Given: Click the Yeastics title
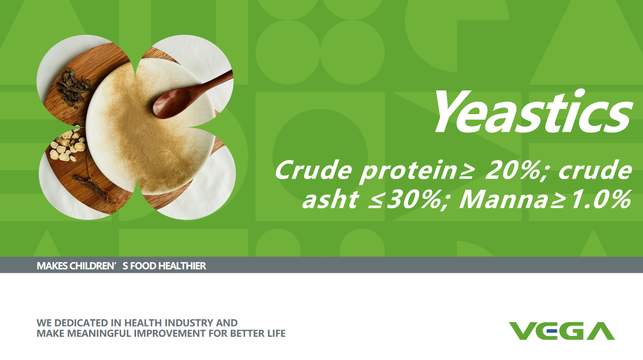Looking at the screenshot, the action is coord(533,111).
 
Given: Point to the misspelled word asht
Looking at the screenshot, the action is coord(330,199).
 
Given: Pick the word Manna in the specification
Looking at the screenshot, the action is coord(504,199).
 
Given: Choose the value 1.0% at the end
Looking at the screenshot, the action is coord(601,199).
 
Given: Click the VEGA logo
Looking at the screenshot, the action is coord(562,331).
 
